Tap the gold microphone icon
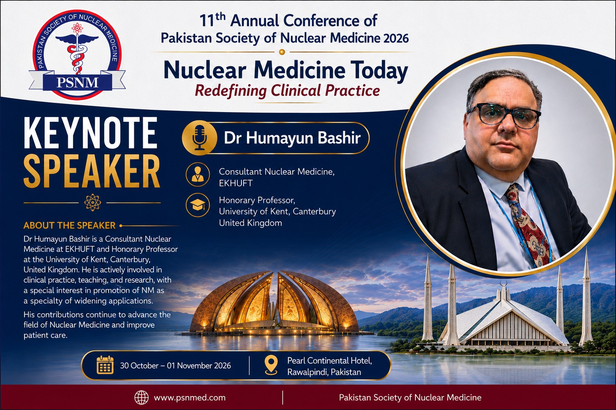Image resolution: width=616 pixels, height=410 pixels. coord(200,138)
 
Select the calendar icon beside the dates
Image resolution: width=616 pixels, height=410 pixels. coord(105,365)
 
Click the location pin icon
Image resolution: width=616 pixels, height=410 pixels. coord(271,365)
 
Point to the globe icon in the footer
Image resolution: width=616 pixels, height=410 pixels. coord(141,397)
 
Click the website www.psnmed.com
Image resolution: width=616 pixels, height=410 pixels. coord(189,398)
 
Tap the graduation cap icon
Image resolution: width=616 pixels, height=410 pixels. coord(197,205)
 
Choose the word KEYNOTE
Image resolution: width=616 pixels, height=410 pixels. coord(91,133)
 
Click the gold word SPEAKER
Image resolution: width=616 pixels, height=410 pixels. coord(92,171)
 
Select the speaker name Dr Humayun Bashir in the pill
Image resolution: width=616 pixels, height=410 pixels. coord(292,138)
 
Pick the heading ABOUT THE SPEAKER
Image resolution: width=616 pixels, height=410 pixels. coord(69,225)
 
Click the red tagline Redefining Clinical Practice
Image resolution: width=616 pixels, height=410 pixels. coord(288,90)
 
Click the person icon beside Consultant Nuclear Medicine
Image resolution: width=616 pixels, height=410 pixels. coord(197,175)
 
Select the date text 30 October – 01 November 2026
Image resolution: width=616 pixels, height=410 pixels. coord(175,366)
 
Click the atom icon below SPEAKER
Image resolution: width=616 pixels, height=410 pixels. coord(92,203)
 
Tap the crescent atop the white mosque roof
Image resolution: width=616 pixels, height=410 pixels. coord(503,283)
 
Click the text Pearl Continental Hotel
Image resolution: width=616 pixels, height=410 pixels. coord(329,360)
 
